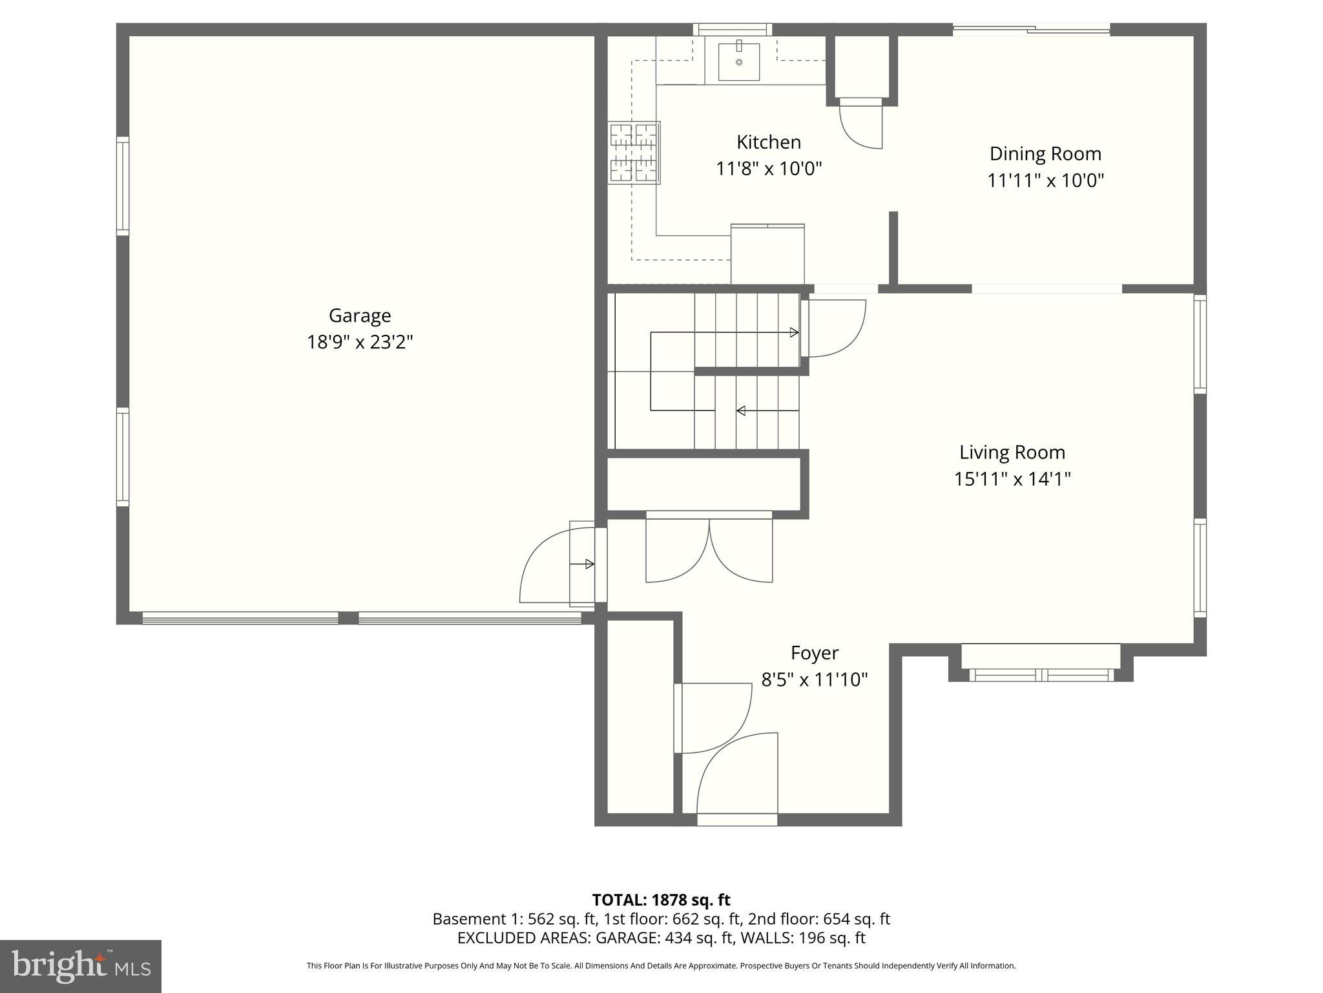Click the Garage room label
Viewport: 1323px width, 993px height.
click(x=360, y=315)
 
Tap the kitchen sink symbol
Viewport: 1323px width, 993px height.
click(x=739, y=61)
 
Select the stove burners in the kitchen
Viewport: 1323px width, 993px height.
click(x=634, y=153)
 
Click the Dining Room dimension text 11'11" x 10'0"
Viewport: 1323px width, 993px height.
click(x=1045, y=180)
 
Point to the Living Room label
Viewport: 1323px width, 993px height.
click(x=1012, y=452)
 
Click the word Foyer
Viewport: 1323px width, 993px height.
click(x=815, y=653)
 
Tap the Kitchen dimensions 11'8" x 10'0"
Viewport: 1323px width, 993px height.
click(x=769, y=169)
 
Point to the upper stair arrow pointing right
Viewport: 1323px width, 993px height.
click(x=794, y=332)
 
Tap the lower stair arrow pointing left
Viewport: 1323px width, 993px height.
click(x=742, y=411)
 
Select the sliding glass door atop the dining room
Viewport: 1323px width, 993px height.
click(x=1032, y=28)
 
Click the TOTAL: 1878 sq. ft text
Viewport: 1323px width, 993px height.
click(x=661, y=900)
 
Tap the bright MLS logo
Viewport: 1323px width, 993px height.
click(x=81, y=966)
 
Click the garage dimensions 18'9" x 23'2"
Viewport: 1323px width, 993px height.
click(x=360, y=342)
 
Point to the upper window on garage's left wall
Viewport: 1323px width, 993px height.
click(x=122, y=186)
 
